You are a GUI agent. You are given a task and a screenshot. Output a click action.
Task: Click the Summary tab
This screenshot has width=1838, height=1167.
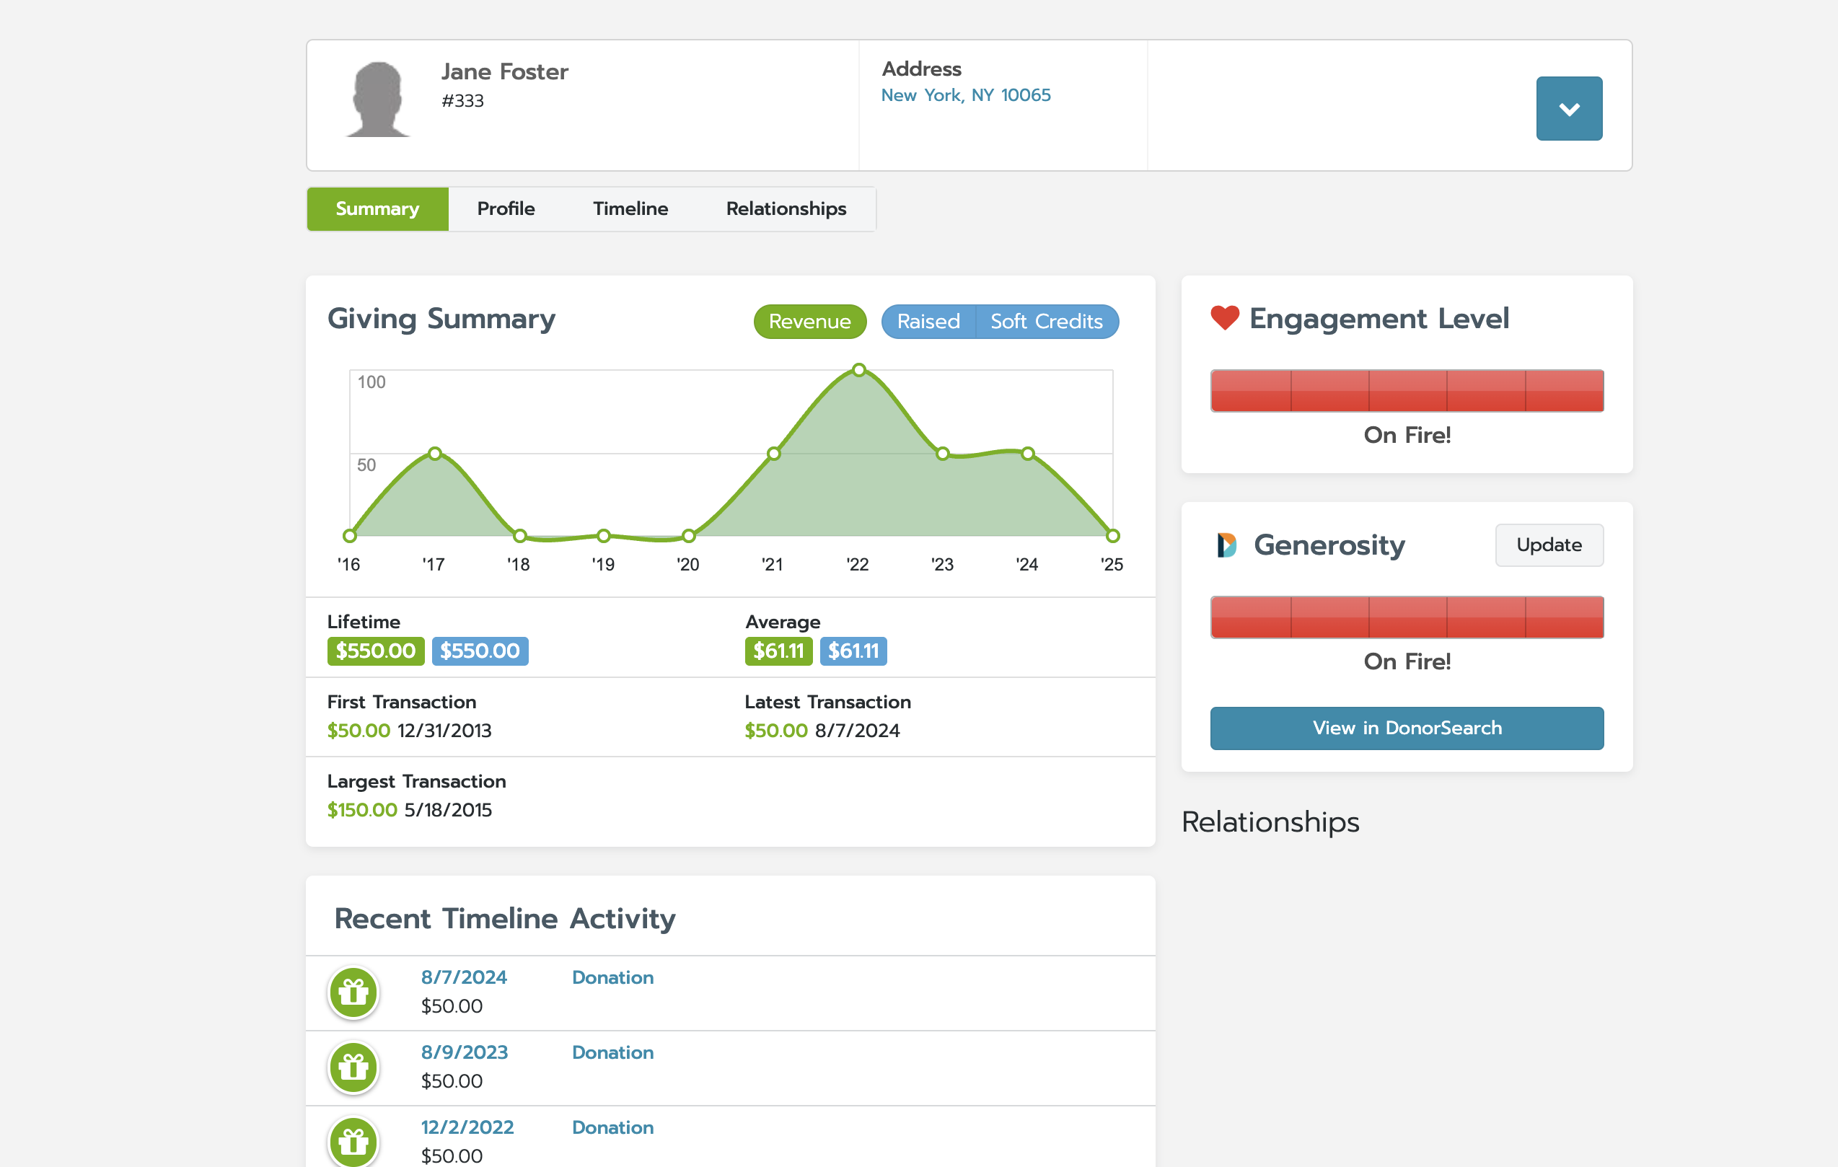click(x=377, y=209)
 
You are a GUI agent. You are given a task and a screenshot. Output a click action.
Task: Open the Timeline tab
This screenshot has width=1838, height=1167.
click(x=630, y=209)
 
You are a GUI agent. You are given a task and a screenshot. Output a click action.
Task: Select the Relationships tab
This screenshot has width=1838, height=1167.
click(x=786, y=209)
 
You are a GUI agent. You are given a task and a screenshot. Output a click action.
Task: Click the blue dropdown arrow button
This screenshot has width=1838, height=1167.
click(x=1568, y=108)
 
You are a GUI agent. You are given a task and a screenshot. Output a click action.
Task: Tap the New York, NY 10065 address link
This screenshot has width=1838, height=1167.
click(x=966, y=95)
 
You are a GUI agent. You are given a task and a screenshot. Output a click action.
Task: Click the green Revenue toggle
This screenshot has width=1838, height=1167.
click(x=809, y=322)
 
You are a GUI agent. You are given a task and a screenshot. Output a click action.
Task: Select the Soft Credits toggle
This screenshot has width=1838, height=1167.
click(x=1046, y=322)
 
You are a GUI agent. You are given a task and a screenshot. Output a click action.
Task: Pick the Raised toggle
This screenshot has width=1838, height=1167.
click(x=928, y=322)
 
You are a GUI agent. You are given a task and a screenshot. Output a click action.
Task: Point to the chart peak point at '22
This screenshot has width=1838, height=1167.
click(x=858, y=370)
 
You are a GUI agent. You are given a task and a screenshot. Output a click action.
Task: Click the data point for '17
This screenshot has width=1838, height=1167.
click(x=434, y=454)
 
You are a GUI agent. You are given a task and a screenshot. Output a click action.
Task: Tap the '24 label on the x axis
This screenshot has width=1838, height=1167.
click(x=1026, y=565)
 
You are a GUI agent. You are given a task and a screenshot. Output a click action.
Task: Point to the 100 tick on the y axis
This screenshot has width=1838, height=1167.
click(x=371, y=382)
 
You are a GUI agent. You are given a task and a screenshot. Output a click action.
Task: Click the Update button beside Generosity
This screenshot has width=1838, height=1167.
click(x=1549, y=545)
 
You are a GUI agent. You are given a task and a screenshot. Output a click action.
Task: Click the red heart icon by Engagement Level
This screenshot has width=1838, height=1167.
click(x=1224, y=317)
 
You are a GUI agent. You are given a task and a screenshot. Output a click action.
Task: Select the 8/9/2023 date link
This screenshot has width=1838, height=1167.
click(x=464, y=1052)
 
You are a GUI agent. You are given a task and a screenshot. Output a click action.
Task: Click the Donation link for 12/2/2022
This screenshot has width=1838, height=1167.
click(x=612, y=1127)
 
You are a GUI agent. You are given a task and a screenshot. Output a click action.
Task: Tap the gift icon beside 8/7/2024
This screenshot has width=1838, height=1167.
click(x=353, y=992)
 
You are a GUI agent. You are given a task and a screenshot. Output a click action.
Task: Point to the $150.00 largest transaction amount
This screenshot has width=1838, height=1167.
click(x=362, y=810)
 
